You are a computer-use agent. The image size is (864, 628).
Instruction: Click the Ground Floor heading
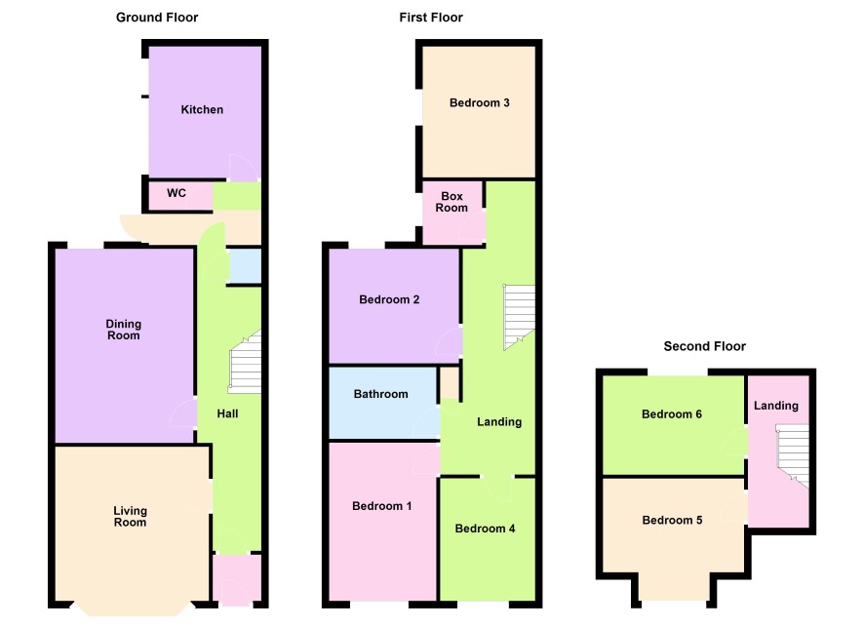point(157,18)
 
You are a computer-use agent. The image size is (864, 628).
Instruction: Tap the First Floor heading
point(431,18)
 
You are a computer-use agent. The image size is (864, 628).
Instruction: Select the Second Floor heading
point(705,346)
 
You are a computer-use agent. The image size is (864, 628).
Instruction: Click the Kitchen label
point(202,109)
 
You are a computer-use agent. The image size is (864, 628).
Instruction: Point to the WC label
point(177,193)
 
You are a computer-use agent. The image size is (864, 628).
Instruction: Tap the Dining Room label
point(124,330)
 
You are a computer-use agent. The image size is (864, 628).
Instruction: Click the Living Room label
point(130,516)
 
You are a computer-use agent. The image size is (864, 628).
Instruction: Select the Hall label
point(227,413)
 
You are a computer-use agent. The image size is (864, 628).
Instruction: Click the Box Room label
point(452,202)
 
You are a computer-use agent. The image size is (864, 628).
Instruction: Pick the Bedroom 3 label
point(480,103)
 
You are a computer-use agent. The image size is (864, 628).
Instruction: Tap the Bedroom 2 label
point(389,299)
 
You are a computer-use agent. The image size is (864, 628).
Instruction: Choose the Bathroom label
point(380,394)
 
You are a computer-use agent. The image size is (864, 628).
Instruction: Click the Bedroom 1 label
point(382,506)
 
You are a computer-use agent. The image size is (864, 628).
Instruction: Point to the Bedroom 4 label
point(485,529)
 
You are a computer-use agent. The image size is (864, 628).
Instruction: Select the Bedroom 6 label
point(672,414)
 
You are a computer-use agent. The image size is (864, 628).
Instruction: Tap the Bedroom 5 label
point(672,520)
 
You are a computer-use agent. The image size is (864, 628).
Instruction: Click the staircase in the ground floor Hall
point(245,362)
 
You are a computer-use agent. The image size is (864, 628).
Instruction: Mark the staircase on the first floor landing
point(519,317)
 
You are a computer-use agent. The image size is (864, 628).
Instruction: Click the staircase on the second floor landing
point(792,455)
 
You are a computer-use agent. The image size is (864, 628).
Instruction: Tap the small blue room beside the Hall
point(245,266)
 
